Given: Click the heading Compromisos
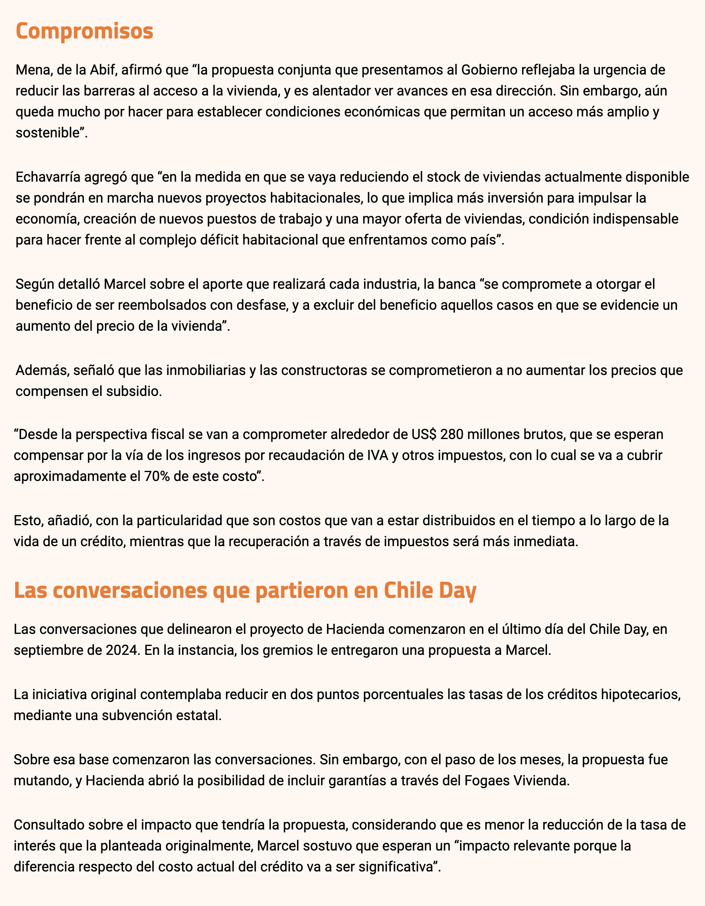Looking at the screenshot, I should [x=84, y=32].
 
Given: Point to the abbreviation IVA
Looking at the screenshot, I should [x=376, y=455].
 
